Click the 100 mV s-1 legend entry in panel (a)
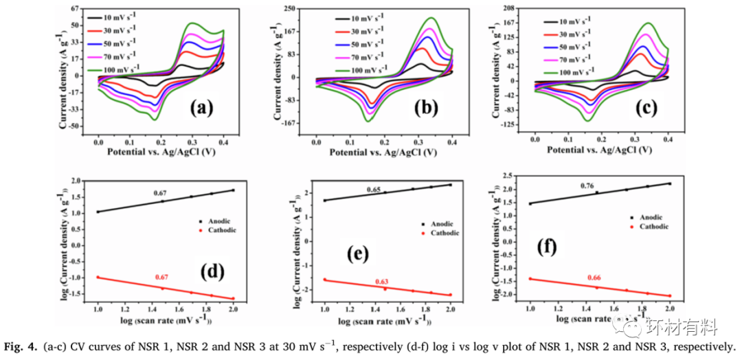(x=115, y=67)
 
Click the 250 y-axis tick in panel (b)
(x=290, y=8)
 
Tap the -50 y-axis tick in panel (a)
(x=74, y=126)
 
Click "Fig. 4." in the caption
(x=22, y=347)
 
